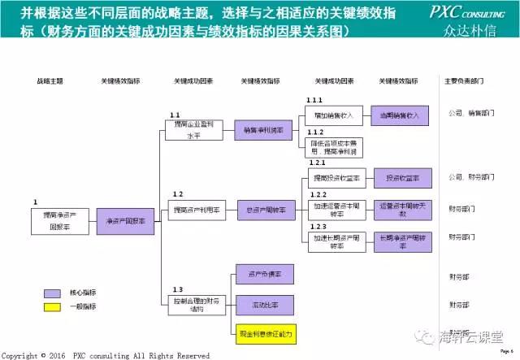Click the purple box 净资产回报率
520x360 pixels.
(126, 221)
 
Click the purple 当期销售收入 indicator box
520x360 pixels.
(399, 116)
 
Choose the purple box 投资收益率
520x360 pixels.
(399, 178)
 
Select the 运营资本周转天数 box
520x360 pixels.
(399, 210)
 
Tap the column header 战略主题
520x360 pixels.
(50, 81)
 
